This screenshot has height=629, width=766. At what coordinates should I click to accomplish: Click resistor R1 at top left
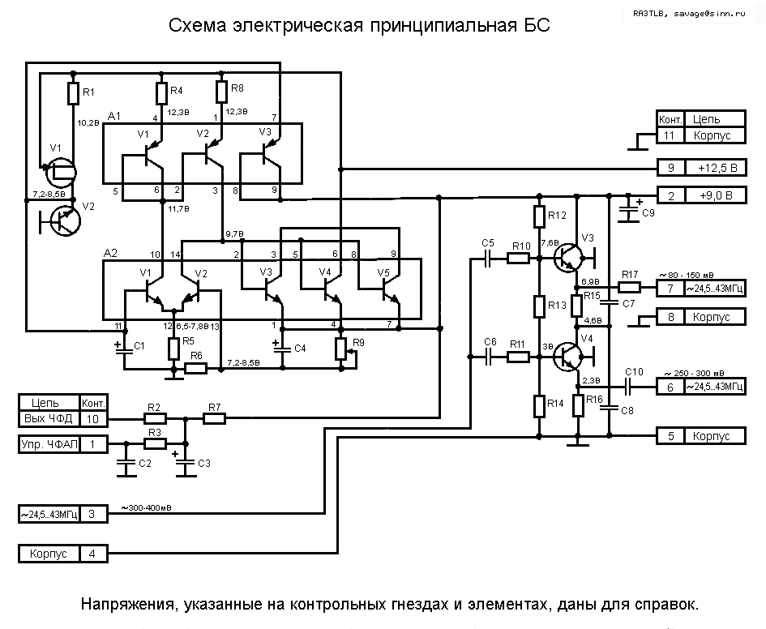pyautogui.click(x=72, y=93)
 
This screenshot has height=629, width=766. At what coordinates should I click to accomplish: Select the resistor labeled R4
pyautogui.click(x=160, y=93)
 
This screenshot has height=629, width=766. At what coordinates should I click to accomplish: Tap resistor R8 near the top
pyautogui.click(x=221, y=92)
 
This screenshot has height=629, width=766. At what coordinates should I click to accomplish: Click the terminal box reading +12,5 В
pyautogui.click(x=715, y=169)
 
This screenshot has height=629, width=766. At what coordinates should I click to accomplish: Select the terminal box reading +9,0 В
pyautogui.click(x=715, y=195)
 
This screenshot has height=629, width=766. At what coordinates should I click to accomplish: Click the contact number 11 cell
pyautogui.click(x=670, y=135)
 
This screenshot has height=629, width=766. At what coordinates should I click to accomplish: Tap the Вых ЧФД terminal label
pyautogui.click(x=49, y=418)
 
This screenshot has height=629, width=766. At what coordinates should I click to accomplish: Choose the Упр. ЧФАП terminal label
pyautogui.click(x=49, y=444)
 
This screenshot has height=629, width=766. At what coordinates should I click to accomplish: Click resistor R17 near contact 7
pyautogui.click(x=630, y=287)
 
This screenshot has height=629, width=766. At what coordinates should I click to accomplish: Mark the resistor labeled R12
pyautogui.click(x=539, y=216)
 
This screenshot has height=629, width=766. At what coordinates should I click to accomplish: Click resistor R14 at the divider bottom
pyautogui.click(x=539, y=404)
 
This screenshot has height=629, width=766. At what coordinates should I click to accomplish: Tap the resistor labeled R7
pyautogui.click(x=214, y=418)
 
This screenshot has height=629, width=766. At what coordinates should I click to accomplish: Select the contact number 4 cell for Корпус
pyautogui.click(x=92, y=554)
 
